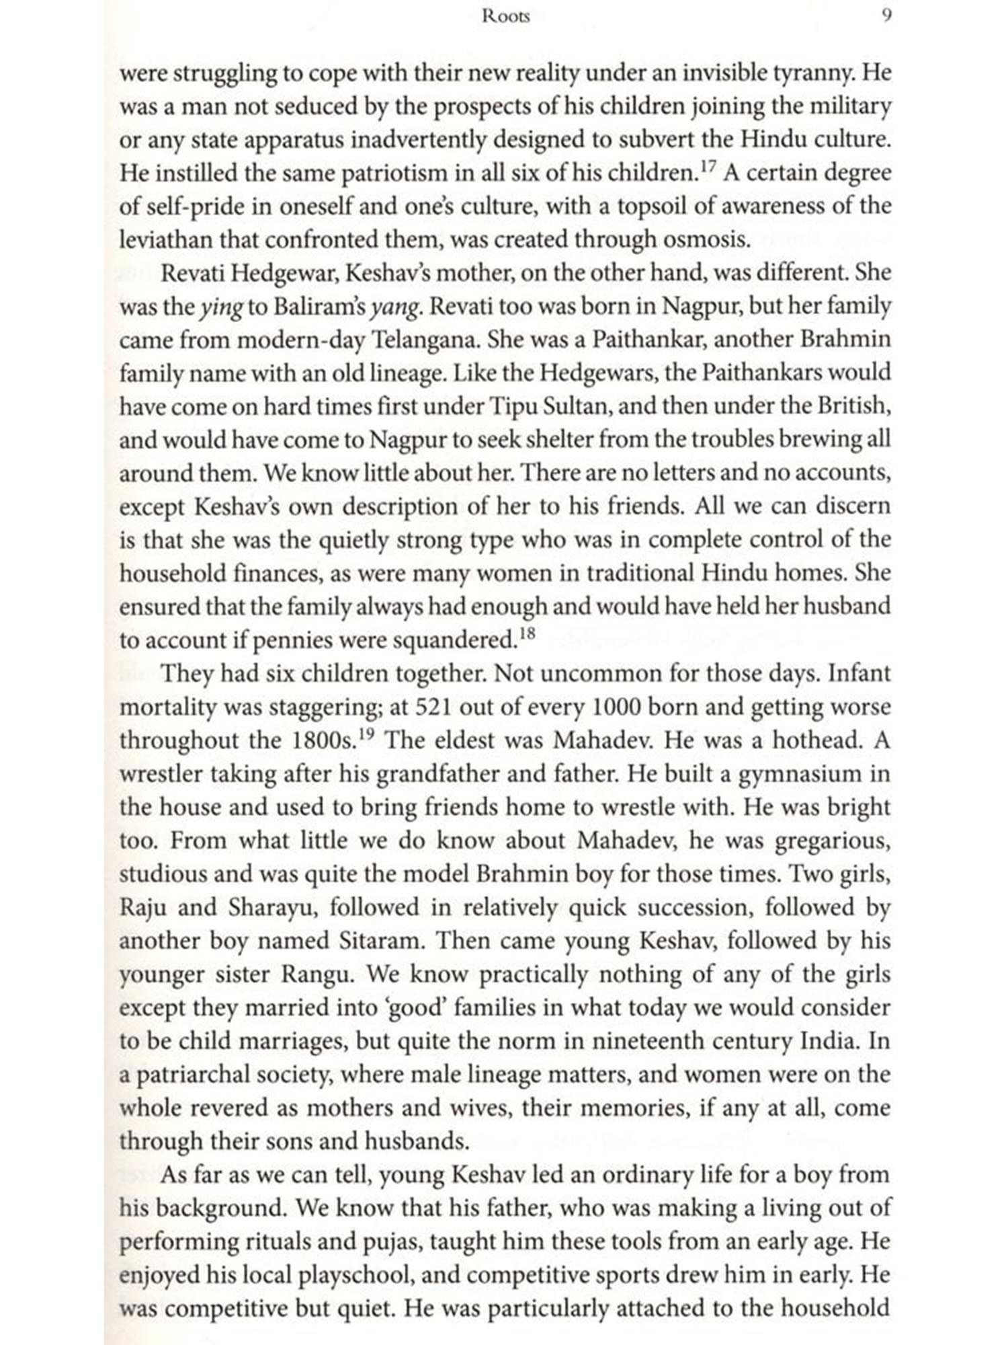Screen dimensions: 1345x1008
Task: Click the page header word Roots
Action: tap(505, 17)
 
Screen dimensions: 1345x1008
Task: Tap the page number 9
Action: tap(886, 17)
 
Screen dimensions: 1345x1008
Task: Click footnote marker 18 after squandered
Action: tap(527, 633)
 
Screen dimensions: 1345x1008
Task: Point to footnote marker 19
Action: tap(366, 734)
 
